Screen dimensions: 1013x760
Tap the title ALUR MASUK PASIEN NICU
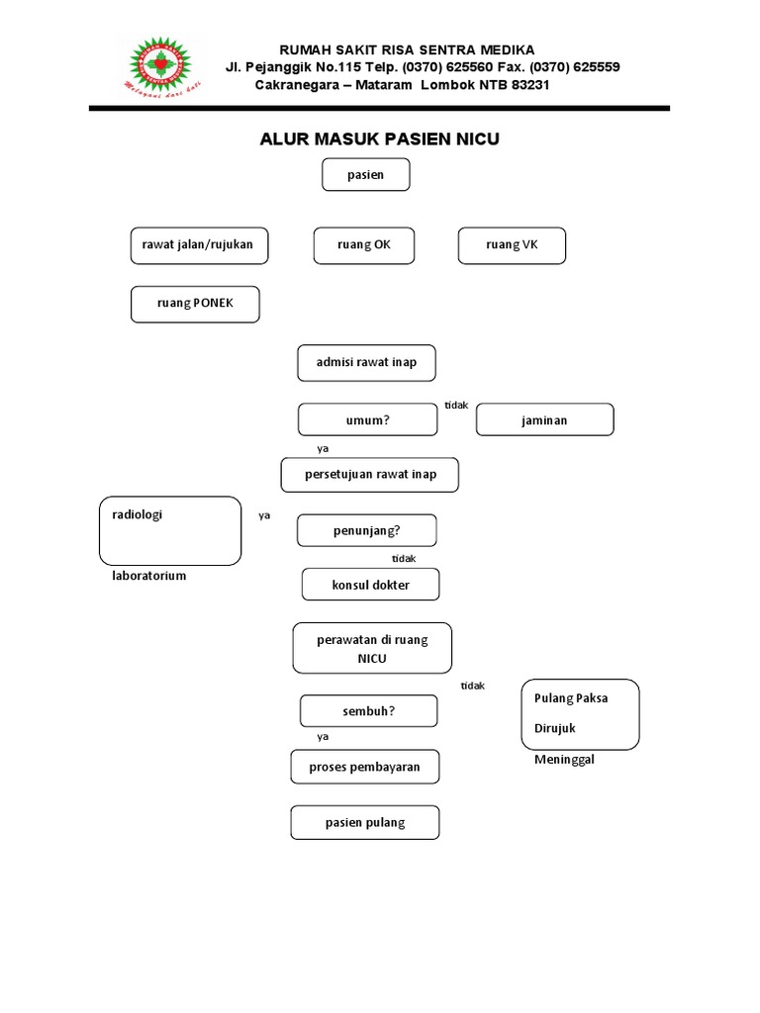tap(379, 139)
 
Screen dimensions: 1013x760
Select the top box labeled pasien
tap(365, 175)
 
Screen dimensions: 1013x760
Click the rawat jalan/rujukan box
tap(199, 245)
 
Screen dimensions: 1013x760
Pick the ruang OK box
tap(364, 245)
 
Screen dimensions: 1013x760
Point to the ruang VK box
tap(512, 245)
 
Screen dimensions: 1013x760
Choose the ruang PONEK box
tap(195, 304)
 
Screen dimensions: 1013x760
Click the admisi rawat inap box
tap(366, 363)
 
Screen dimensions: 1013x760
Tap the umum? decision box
tap(367, 419)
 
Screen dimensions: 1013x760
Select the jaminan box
tap(544, 419)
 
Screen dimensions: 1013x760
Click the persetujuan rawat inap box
tap(370, 475)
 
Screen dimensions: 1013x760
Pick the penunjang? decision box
tap(366, 530)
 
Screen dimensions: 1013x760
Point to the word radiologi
tap(139, 514)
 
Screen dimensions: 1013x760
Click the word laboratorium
tap(149, 576)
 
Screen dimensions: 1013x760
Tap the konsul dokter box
tap(370, 585)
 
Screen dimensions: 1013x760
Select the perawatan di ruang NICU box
tap(372, 648)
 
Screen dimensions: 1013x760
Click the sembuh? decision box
tap(368, 710)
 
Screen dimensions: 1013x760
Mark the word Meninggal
tap(564, 760)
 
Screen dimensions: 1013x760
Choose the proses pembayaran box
tap(364, 767)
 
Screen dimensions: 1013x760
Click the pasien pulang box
tap(364, 823)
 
